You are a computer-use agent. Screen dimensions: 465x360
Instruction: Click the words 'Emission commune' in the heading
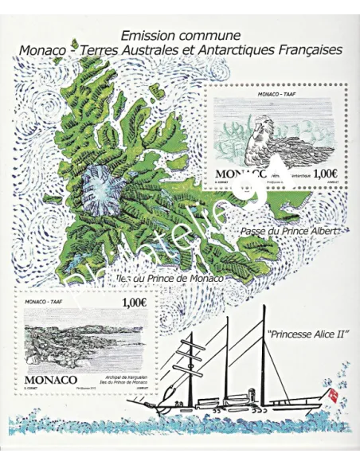(179, 35)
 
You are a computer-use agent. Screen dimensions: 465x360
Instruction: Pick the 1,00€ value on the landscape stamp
(133, 303)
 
